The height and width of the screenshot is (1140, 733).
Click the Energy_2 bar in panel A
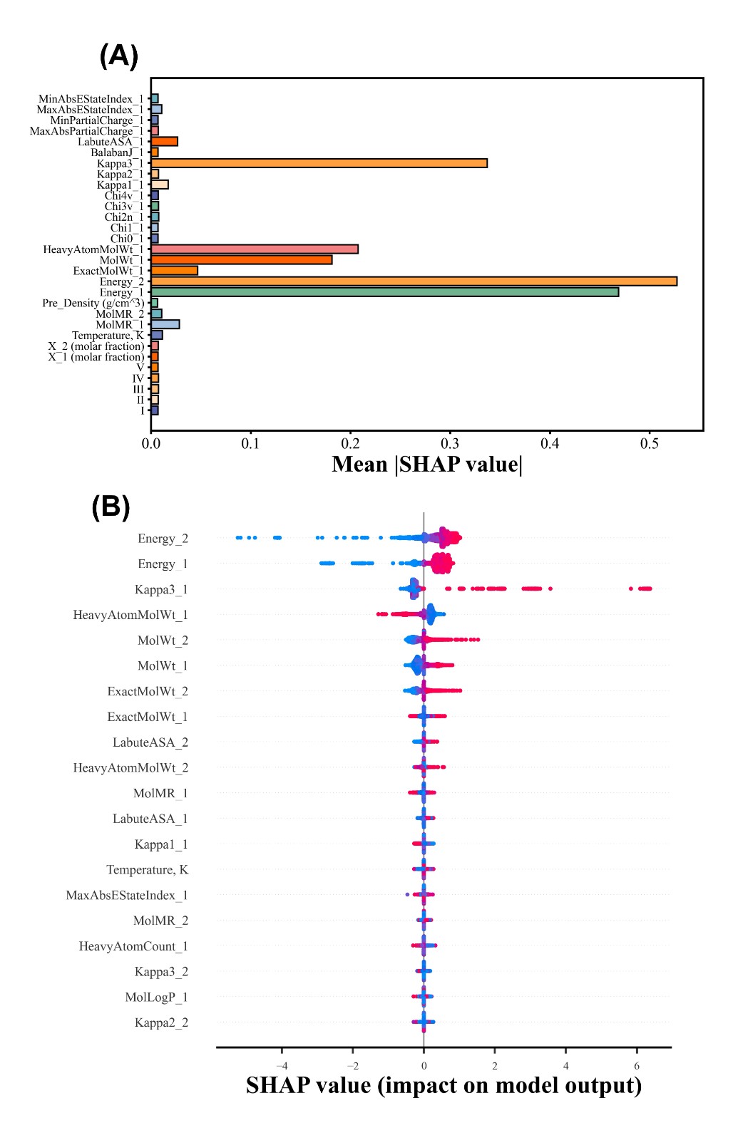tap(414, 281)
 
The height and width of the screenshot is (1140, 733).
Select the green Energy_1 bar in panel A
tap(384, 292)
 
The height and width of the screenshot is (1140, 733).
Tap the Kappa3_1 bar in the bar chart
tap(319, 163)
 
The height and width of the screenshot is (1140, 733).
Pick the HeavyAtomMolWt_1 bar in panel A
tap(255, 249)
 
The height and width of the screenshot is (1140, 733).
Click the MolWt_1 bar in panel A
tap(241, 260)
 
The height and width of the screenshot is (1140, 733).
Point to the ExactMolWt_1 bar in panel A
tap(174, 271)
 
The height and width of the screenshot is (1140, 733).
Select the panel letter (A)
tap(118, 56)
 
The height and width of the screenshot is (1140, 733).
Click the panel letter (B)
tap(111, 507)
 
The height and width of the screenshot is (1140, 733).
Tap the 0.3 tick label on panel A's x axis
tap(449, 444)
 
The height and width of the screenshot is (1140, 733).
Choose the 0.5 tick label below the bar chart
tap(649, 444)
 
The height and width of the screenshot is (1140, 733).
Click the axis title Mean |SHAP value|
tap(427, 465)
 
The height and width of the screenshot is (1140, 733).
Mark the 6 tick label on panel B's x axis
tap(637, 1067)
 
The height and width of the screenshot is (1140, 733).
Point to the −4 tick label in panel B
tap(282, 1067)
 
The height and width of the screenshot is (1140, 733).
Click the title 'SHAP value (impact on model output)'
tap(444, 1086)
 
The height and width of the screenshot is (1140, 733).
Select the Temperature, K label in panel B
tap(147, 870)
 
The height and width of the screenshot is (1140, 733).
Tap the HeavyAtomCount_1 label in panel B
tap(133, 946)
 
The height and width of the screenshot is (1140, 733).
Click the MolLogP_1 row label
tap(156, 997)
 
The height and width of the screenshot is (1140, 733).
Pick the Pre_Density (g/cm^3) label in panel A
tap(93, 304)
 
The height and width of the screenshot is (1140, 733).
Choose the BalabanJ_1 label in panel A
tap(117, 152)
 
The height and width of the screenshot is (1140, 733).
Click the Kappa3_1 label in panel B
tap(161, 590)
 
